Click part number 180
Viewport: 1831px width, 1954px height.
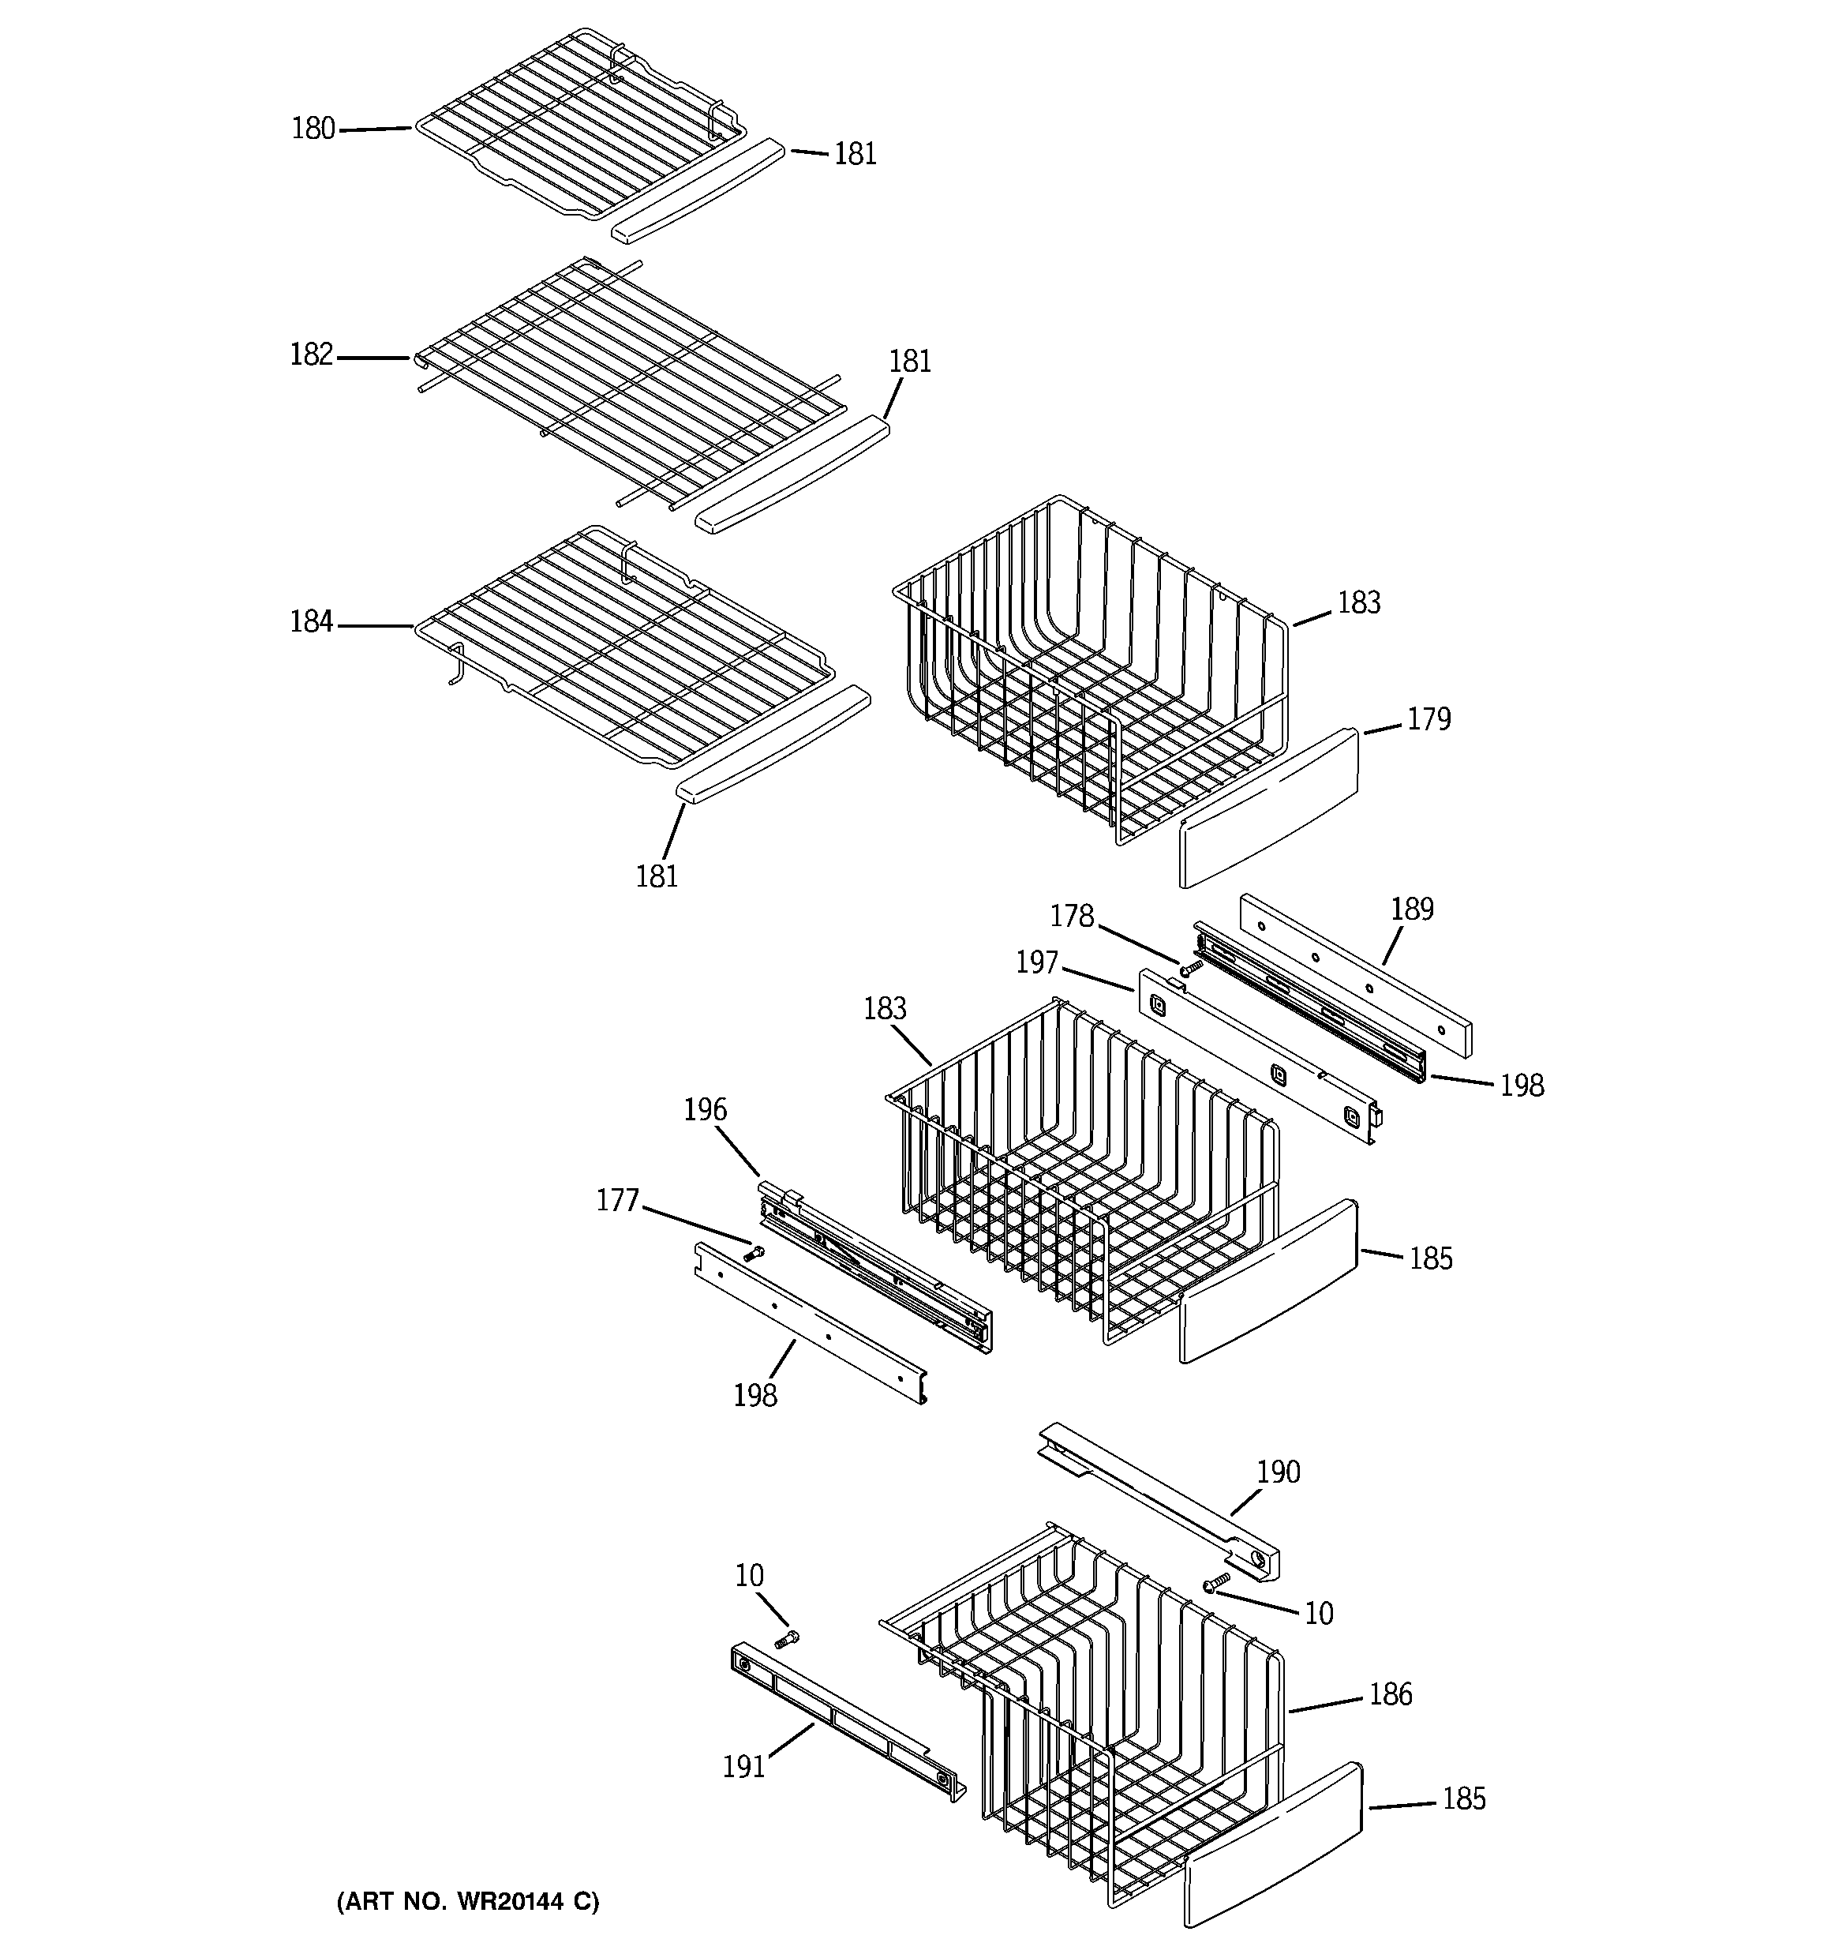point(313,129)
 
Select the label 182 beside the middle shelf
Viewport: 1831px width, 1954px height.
point(312,354)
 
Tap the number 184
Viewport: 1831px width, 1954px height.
point(312,622)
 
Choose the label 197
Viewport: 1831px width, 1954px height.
point(1037,962)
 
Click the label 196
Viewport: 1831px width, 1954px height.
point(706,1111)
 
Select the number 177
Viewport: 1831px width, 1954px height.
point(617,1201)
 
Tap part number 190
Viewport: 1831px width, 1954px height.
point(1278,1472)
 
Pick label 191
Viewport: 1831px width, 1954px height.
point(744,1767)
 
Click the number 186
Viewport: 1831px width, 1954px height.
point(1390,1694)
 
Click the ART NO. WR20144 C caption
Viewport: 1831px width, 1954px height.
point(468,1902)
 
